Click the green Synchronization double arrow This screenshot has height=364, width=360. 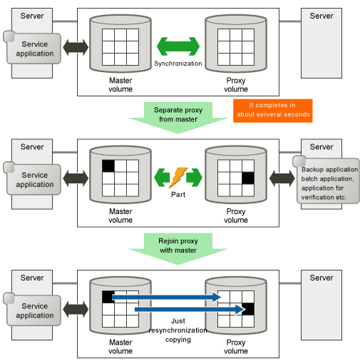coord(178,46)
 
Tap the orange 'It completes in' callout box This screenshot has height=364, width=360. coord(273,111)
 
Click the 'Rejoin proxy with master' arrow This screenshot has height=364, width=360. coord(178,248)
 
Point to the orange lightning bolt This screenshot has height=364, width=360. coord(178,178)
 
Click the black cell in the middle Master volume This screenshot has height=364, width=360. coord(108,166)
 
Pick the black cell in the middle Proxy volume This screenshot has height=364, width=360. coord(248,178)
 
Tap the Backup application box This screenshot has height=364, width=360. coord(328,181)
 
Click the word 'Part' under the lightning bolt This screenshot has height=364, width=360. coord(178,195)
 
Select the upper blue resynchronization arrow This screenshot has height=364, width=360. coord(166,297)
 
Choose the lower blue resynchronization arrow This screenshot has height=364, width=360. coord(190,309)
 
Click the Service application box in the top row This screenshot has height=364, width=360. coord(34,49)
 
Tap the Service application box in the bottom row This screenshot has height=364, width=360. coord(34,310)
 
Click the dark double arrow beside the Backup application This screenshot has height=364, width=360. coord(282,178)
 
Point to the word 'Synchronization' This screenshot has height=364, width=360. coord(178,64)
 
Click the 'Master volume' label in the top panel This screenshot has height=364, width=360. coord(120,85)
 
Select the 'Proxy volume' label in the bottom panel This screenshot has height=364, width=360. coord(236,347)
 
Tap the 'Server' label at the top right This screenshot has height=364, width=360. coord(322,16)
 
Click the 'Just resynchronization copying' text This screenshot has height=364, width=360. coord(178,330)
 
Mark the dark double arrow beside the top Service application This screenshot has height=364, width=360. coord(76,47)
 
